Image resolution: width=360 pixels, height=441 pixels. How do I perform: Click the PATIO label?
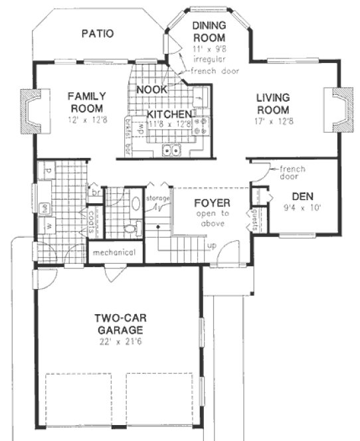click(98, 33)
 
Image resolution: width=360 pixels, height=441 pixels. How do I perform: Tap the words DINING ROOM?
click(209, 31)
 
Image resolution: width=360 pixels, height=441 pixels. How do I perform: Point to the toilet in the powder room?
click(130, 228)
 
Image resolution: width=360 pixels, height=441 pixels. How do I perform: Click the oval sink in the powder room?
click(135, 204)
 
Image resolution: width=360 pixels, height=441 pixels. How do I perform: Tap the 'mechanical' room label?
click(114, 252)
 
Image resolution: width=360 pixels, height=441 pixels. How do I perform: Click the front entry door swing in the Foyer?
click(228, 252)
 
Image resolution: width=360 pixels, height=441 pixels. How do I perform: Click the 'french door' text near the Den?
click(292, 173)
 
